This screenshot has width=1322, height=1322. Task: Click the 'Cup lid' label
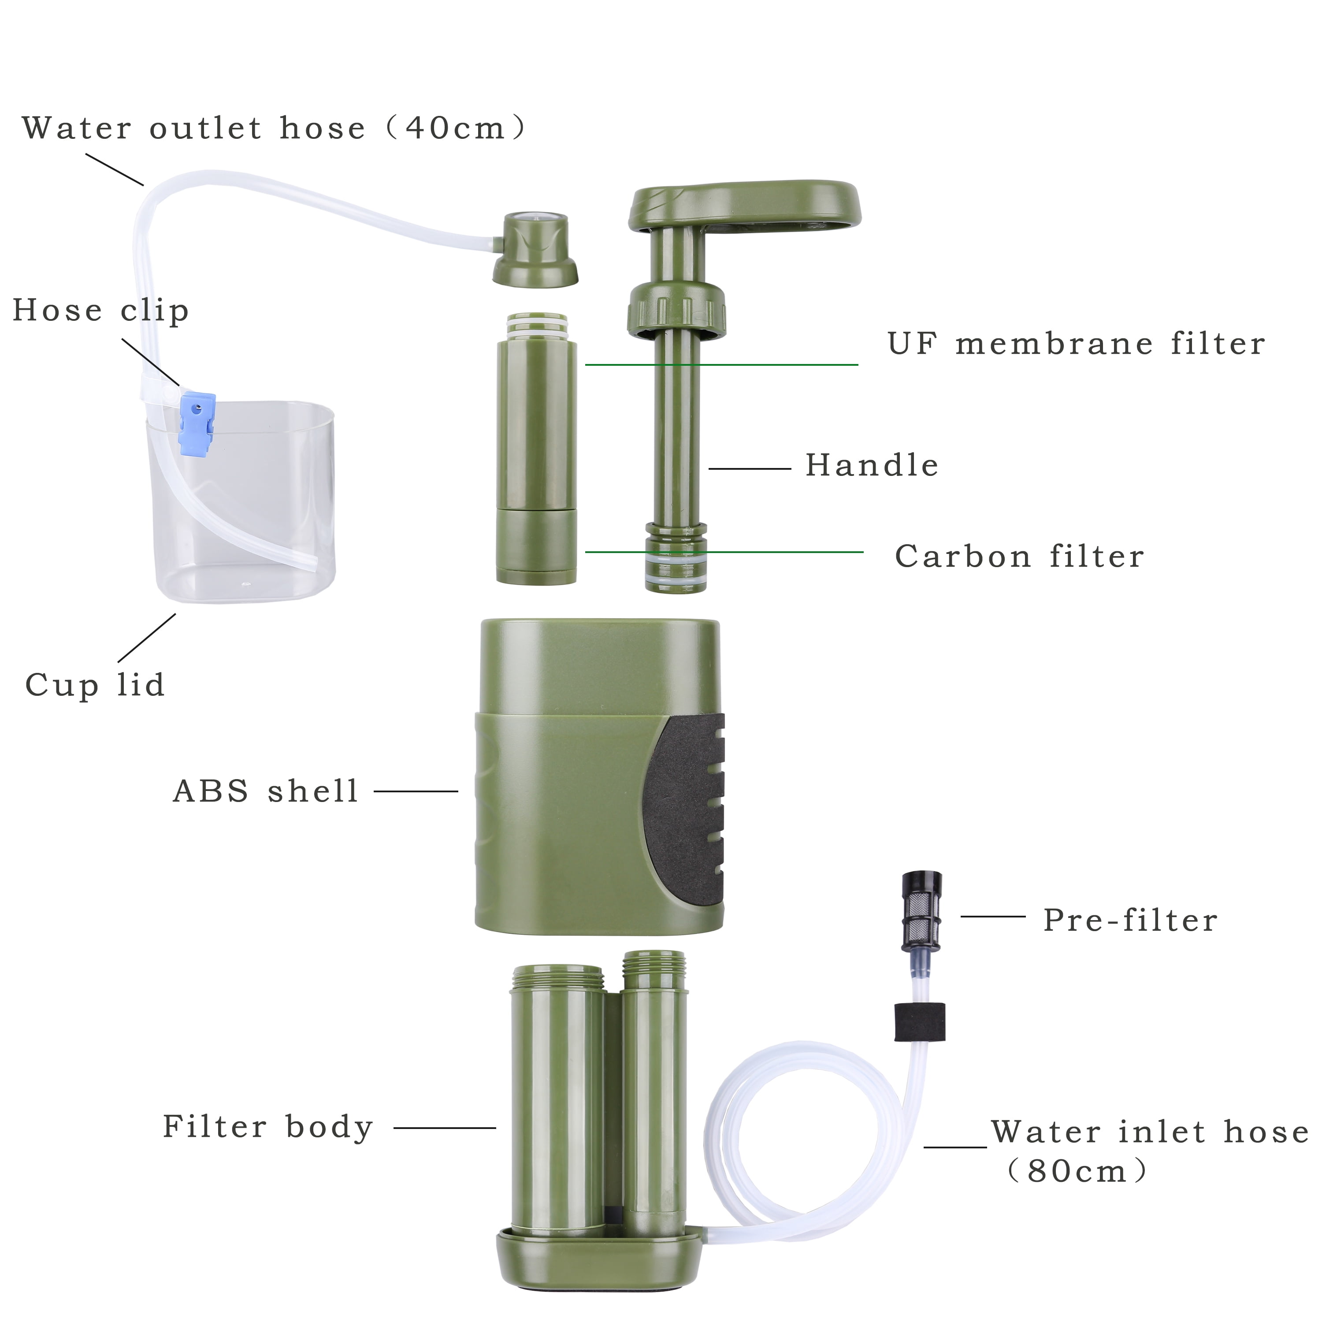pos(95,685)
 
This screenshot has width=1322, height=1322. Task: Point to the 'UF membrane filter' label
pos(1077,344)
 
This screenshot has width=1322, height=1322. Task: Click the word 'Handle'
pos(872,465)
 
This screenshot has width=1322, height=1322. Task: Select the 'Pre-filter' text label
pos(1130,921)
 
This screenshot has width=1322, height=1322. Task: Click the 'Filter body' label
pos(267,1127)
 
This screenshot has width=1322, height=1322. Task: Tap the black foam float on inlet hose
pos(920,1021)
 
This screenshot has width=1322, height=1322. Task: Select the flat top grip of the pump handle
pos(744,204)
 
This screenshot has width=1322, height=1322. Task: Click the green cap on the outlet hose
pos(535,249)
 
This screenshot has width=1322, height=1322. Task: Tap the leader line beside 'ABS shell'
pos(416,791)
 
